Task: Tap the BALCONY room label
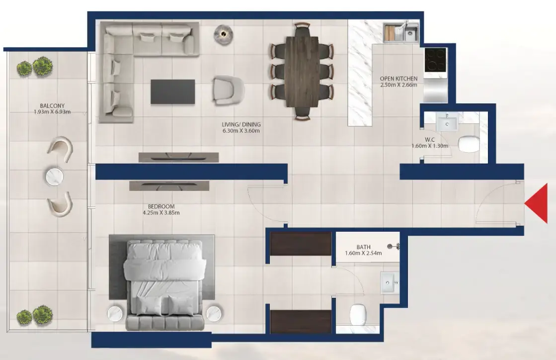[53, 106]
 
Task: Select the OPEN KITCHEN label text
[398, 79]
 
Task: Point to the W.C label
[430, 140]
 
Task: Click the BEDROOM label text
[161, 206]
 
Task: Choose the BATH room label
[363, 247]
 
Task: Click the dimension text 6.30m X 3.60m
[241, 130]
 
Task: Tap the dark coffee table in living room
[173, 92]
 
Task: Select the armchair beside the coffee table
[228, 90]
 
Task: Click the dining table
[302, 72]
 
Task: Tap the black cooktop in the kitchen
[435, 60]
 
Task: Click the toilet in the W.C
[469, 144]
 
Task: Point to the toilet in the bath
[358, 314]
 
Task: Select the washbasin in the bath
[390, 283]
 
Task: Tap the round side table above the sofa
[223, 34]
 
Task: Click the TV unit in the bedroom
[169, 185]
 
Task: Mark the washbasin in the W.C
[447, 123]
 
